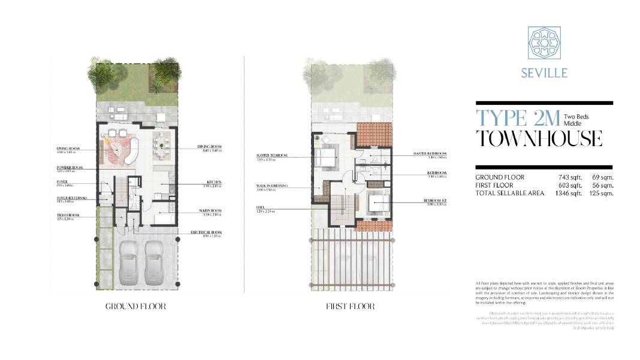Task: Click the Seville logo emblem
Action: (x=544, y=43)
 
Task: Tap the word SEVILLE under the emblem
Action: (x=544, y=74)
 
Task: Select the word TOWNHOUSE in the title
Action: (x=539, y=138)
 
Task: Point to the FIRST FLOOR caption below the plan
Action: (x=351, y=307)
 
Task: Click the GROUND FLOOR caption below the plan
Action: (x=135, y=307)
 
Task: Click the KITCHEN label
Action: (x=214, y=181)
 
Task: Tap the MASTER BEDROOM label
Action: (x=271, y=155)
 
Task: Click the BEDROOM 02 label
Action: (x=437, y=200)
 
